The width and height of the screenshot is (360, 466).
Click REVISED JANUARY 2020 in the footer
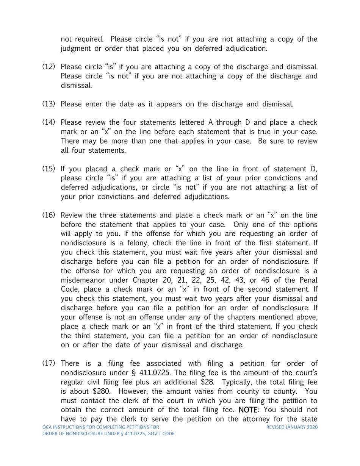(x=292, y=427)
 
